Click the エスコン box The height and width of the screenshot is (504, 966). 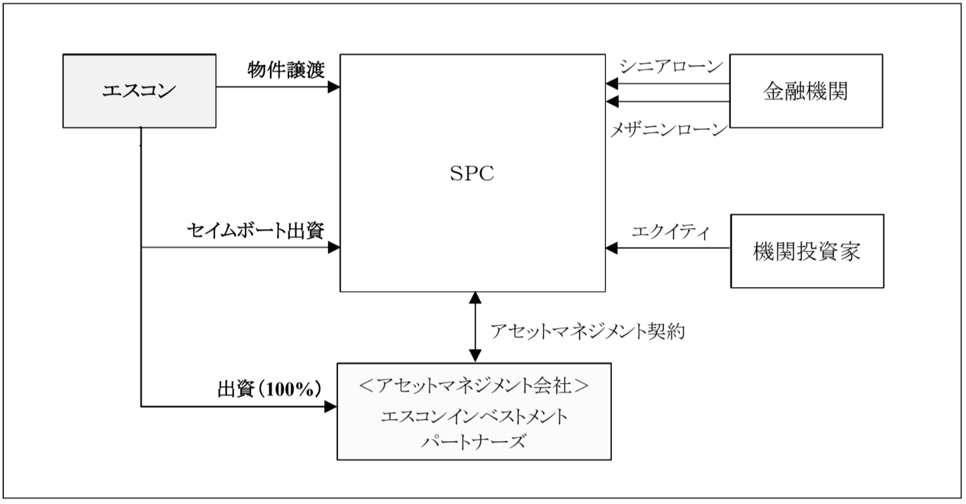pyautogui.click(x=139, y=91)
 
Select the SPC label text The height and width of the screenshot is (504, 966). pyautogui.click(x=472, y=174)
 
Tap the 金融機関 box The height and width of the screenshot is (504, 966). pyautogui.click(x=806, y=91)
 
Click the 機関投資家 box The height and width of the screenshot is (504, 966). pyautogui.click(x=806, y=250)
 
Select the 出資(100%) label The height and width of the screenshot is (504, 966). pyautogui.click(x=269, y=390)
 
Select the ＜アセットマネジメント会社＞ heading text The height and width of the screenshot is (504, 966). pyautogui.click(x=474, y=387)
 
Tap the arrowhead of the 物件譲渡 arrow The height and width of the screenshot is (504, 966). pyautogui.click(x=334, y=87)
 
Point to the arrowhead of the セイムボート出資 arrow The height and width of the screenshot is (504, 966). pyautogui.click(x=334, y=247)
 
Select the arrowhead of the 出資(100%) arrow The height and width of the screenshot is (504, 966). pyautogui.click(x=332, y=406)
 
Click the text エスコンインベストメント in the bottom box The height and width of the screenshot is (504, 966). pyautogui.click(x=474, y=416)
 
